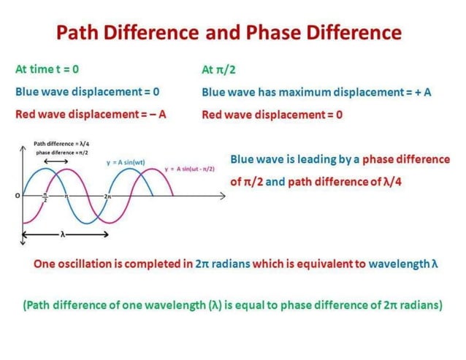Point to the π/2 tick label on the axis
(x=45, y=196)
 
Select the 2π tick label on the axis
(x=108, y=197)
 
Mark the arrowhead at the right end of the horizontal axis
(x=223, y=196)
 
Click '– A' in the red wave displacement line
(x=155, y=115)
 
